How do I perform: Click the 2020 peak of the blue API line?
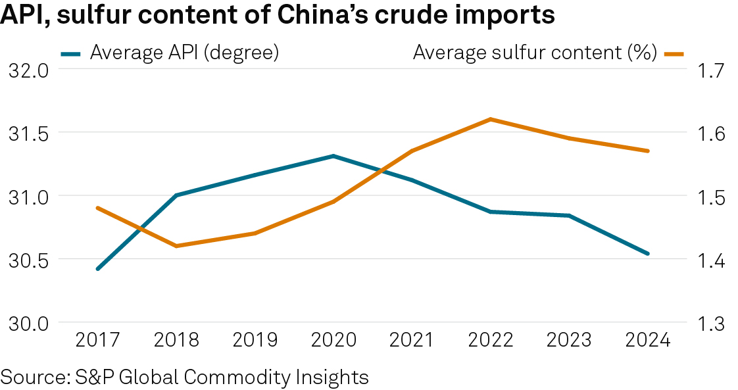pos(333,156)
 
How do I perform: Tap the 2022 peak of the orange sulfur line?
pos(490,119)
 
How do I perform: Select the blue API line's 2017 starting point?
pos(98,269)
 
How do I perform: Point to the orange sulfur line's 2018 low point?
pos(176,246)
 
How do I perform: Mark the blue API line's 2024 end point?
pos(648,253)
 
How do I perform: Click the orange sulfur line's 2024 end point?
pos(648,151)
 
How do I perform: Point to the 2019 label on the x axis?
pos(255,340)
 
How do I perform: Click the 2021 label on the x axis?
pos(412,340)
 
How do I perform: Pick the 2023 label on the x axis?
pos(569,340)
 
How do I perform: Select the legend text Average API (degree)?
pos(184,53)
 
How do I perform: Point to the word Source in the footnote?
pos(32,378)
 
